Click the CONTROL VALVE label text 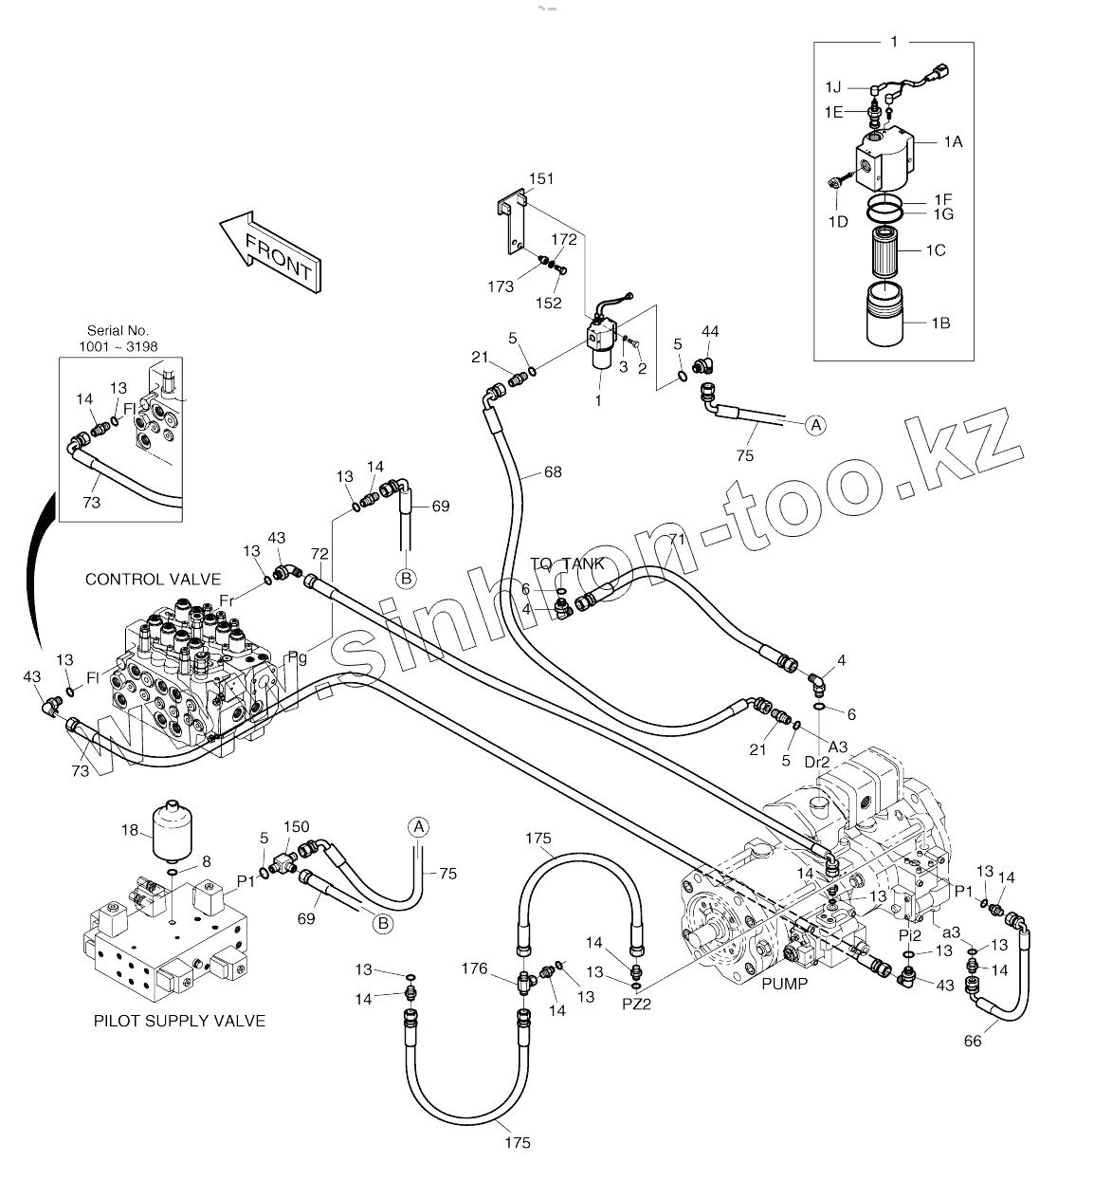tap(153, 580)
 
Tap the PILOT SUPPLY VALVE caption tap(179, 1021)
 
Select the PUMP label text tap(784, 984)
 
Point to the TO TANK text tap(567, 563)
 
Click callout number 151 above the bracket tap(541, 178)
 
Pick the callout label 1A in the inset tap(952, 141)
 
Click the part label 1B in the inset tap(939, 323)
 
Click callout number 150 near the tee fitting tap(297, 827)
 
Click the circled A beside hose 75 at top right tap(815, 426)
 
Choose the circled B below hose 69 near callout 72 tap(406, 577)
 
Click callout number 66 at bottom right tap(973, 1041)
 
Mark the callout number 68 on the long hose tap(553, 471)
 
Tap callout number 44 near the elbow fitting tap(710, 331)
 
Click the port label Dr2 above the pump tap(817, 761)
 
